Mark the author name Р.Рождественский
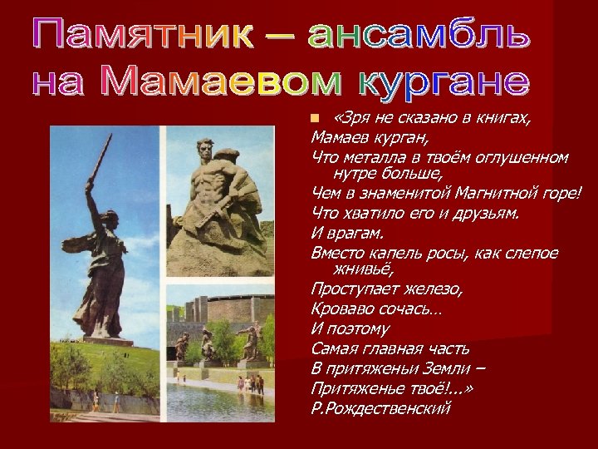[380, 407]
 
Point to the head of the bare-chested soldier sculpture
[207, 150]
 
